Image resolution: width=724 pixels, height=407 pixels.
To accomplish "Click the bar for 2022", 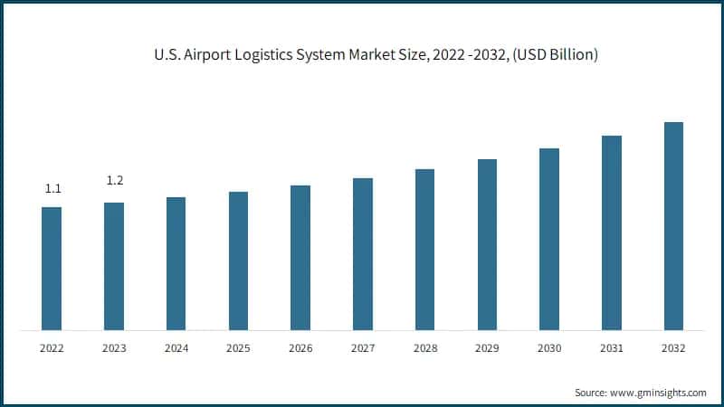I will (52, 269).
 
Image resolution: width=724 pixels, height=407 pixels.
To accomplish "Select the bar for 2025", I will (238, 260).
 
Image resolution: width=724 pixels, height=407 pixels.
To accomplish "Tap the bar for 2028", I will (424, 250).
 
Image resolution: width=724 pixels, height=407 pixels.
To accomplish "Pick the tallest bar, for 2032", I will (673, 226).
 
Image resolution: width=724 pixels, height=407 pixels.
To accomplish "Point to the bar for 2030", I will (549, 239).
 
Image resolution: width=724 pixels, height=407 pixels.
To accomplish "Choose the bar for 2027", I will (363, 254).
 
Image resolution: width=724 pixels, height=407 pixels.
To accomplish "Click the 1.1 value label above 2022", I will (52, 189).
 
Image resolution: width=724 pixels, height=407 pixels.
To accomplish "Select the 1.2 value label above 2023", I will (115, 181).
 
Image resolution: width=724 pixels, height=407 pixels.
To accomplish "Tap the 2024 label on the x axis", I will (176, 347).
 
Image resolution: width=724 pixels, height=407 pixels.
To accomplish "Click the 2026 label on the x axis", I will (300, 347).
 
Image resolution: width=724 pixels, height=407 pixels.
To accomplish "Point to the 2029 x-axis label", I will (487, 347).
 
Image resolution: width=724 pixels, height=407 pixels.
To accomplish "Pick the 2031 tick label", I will (612, 347).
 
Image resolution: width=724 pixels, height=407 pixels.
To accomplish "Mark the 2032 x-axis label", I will (673, 347).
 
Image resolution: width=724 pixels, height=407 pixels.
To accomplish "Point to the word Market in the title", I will (383, 56).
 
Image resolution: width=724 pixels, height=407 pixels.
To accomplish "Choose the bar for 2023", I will (114, 266).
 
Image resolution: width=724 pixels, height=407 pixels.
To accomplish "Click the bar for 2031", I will (612, 232).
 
